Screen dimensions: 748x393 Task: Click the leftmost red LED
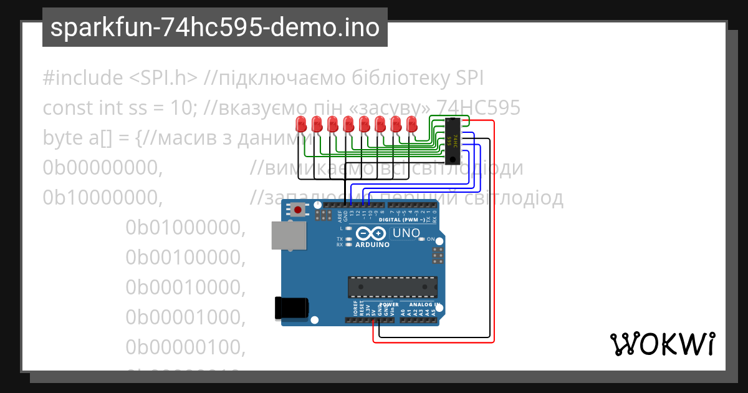[300, 123]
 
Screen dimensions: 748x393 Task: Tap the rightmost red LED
[411, 123]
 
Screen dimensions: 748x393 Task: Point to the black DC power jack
[292, 307]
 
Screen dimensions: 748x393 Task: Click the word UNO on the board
[405, 233]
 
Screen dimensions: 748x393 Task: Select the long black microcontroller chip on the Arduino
[392, 286]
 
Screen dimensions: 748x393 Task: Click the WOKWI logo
[662, 344]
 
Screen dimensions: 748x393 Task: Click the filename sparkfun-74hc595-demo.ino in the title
[215, 27]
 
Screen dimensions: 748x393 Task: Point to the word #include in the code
[83, 79]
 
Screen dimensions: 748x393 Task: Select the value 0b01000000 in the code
[184, 228]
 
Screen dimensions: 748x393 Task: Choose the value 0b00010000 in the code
[184, 288]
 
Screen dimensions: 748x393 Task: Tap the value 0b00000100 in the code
[184, 347]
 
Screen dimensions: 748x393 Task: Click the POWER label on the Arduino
[389, 305]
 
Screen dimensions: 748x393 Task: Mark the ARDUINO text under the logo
[372, 245]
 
